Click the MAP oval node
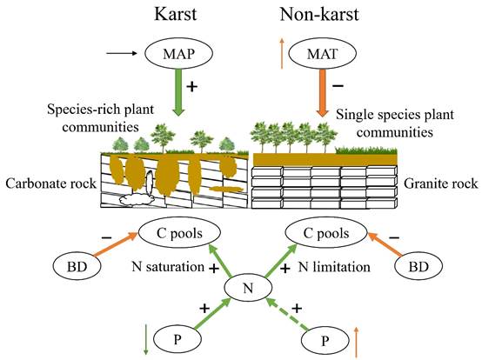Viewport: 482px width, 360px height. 178,53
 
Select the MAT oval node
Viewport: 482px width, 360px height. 322,53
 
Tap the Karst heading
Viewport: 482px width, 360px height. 175,15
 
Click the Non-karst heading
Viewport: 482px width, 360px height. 319,15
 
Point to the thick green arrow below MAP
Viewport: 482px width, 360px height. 178,93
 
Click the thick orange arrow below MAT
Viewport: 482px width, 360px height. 322,93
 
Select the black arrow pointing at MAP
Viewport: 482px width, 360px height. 122,53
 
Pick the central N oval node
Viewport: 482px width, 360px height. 248,288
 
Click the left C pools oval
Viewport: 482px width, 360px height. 179,233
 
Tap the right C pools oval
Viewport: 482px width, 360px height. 326,233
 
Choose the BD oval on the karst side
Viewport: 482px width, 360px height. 77,266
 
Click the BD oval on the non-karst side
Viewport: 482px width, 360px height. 418,266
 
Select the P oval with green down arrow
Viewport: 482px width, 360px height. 177,339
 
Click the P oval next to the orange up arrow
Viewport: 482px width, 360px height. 325,340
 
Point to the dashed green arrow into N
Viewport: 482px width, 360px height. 288,314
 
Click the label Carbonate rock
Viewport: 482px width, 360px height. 51,183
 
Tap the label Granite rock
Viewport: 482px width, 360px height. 441,183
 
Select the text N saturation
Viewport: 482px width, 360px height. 168,266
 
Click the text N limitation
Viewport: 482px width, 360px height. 334,267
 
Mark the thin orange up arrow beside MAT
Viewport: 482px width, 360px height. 281,53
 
